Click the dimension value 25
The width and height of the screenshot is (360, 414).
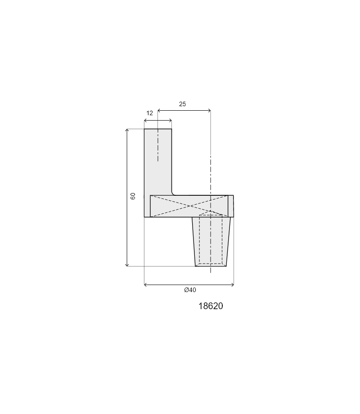pyautogui.click(x=182, y=104)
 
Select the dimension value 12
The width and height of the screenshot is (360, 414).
pyautogui.click(x=149, y=113)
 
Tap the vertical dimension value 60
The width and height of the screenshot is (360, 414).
pyautogui.click(x=133, y=196)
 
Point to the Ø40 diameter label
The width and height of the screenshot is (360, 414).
pyautogui.click(x=190, y=290)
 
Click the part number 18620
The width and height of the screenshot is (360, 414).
pyautogui.click(x=211, y=306)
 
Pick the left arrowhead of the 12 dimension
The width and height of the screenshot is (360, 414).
pyautogui.click(x=145, y=121)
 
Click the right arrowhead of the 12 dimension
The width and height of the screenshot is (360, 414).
pyautogui.click(x=170, y=121)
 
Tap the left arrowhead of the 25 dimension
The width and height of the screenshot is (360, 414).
pyautogui.click(x=159, y=110)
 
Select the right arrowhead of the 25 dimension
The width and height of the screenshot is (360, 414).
pyautogui.click(x=209, y=110)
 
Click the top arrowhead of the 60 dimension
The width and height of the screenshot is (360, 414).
pyautogui.click(x=127, y=130)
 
